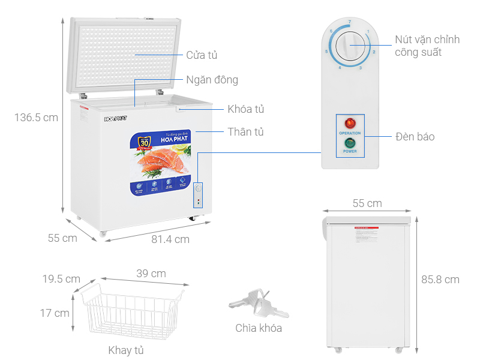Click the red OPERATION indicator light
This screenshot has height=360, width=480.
tap(350, 123)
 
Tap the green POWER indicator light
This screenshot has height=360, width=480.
tap(350, 143)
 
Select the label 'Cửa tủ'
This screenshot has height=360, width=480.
tap(202, 55)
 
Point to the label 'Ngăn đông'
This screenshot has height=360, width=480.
tap(212, 80)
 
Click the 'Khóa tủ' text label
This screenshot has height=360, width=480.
tap(246, 109)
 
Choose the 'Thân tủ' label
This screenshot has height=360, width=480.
tap(245, 131)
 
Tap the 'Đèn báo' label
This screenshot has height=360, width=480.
tap(415, 137)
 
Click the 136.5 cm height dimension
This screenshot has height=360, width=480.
tap(37, 118)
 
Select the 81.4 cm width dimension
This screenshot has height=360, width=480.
tap(170, 239)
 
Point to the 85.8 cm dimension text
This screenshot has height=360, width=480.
tap(440, 279)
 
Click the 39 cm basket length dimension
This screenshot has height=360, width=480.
tap(151, 274)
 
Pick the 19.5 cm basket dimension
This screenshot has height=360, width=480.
tap(61, 279)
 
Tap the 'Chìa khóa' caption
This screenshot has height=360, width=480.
tap(259, 328)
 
